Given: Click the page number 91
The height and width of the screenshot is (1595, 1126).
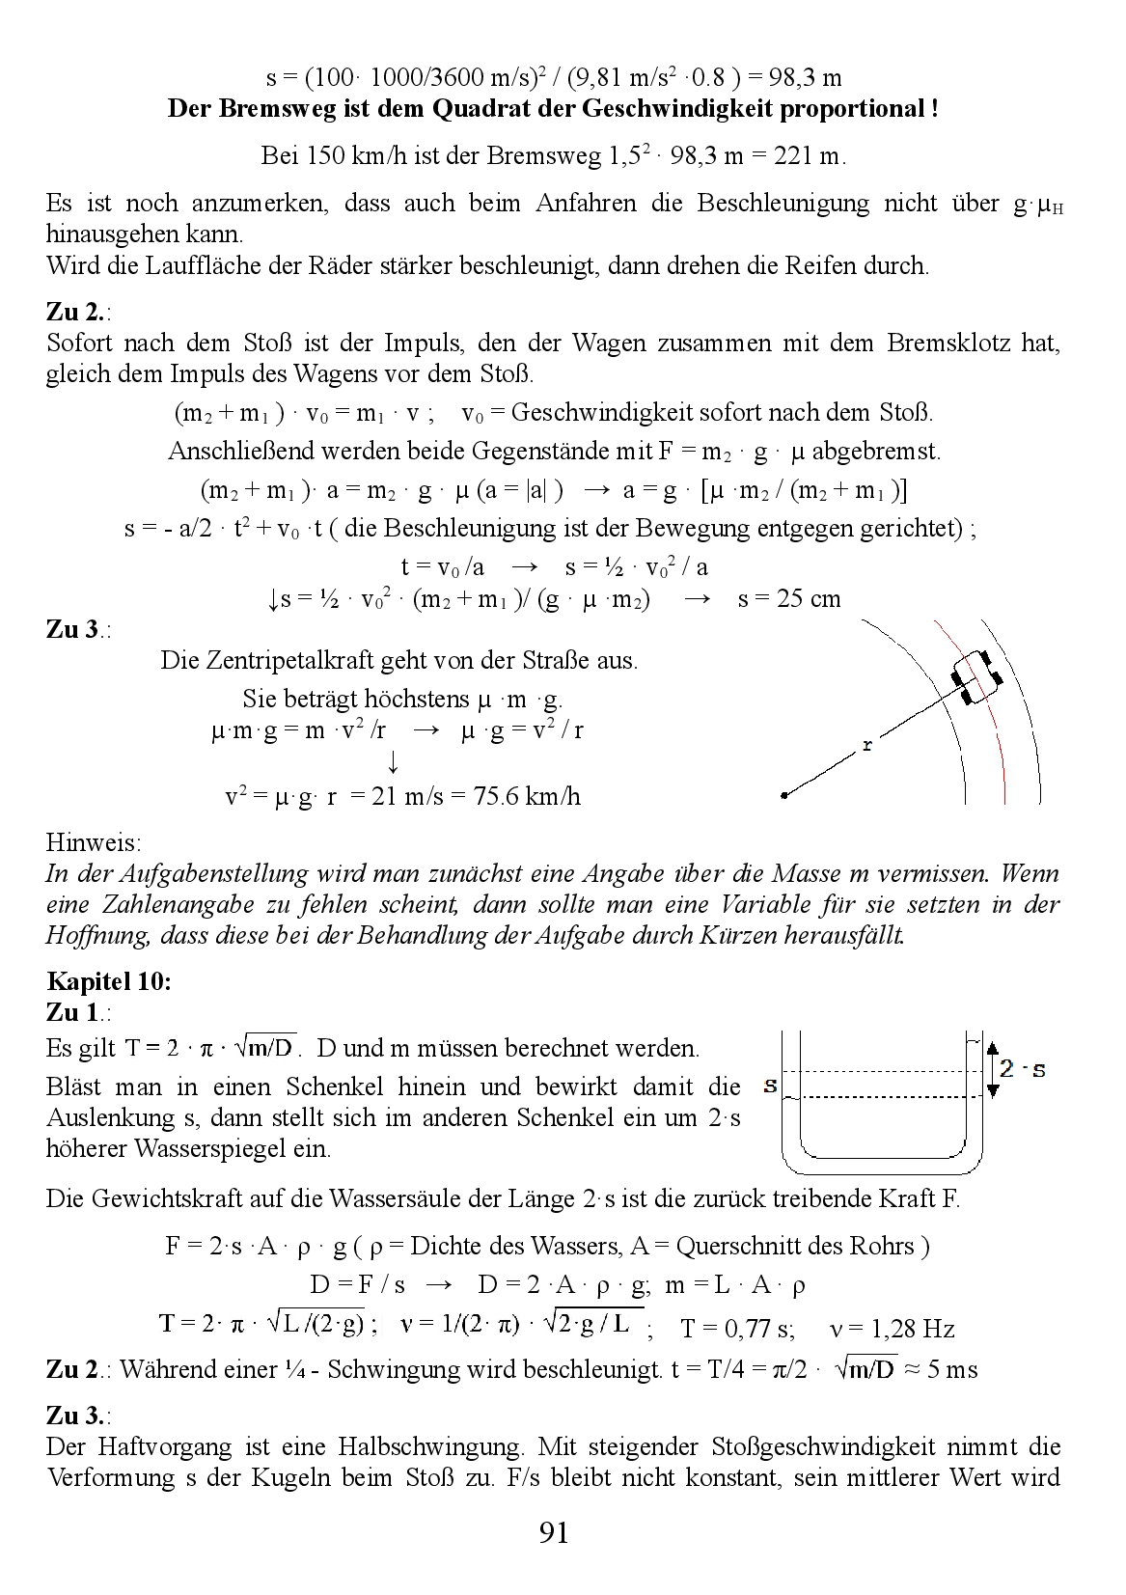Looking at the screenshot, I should click(x=554, y=1532).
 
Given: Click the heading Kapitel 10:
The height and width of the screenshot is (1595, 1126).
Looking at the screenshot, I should click(x=109, y=981).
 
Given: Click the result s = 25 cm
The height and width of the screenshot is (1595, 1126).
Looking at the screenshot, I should click(x=789, y=598).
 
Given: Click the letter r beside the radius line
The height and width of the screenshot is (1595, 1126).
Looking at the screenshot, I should click(x=867, y=745).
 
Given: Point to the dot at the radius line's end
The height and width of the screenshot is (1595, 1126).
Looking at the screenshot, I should click(x=784, y=796).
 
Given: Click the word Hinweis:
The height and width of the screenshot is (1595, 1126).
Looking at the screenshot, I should click(x=94, y=842).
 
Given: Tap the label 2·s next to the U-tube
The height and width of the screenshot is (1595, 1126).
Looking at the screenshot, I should click(x=1023, y=1069).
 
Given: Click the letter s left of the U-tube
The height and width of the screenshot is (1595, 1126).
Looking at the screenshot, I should click(x=770, y=1086).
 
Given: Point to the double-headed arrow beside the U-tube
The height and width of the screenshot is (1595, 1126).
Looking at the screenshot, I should click(x=992, y=1068).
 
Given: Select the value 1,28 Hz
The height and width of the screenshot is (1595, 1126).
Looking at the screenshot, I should click(x=913, y=1329).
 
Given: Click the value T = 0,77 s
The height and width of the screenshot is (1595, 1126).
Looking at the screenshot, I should click(x=737, y=1329).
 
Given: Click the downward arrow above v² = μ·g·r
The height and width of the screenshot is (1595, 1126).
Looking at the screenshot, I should click(x=393, y=762).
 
